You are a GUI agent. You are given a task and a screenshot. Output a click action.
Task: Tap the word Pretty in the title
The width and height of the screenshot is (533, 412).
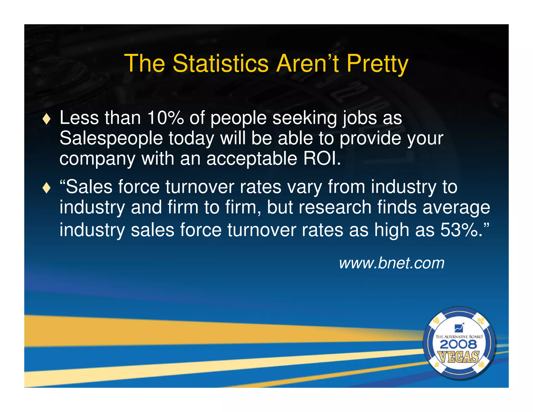(x=377, y=64)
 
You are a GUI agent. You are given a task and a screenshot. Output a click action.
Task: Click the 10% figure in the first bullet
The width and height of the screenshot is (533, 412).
(x=166, y=118)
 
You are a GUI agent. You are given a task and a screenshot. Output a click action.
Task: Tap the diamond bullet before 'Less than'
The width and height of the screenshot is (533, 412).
(x=47, y=119)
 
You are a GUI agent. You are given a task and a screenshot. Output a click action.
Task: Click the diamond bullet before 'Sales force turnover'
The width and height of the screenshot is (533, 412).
(x=47, y=188)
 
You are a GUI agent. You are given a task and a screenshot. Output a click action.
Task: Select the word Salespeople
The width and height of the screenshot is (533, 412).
(x=111, y=139)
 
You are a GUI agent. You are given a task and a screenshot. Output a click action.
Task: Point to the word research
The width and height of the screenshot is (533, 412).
(x=335, y=208)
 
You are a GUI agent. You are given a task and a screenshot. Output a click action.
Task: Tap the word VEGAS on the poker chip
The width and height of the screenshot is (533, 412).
(x=459, y=357)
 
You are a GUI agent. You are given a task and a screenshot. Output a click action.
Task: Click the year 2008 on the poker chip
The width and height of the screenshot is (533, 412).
(x=459, y=345)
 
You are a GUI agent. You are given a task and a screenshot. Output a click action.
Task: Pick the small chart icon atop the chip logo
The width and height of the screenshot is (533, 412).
(x=459, y=328)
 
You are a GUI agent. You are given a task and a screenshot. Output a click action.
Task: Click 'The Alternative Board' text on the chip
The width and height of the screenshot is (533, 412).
(x=459, y=337)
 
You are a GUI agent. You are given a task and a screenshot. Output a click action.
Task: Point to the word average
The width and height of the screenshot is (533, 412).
(x=456, y=208)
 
